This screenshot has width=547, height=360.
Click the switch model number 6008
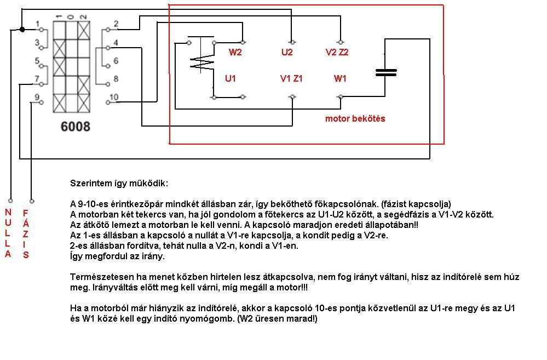point(75,127)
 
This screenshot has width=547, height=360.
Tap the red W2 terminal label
point(235,53)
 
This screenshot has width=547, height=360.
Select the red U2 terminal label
point(287,53)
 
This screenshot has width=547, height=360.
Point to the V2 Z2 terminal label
point(337,53)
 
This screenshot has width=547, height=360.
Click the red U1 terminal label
point(231,79)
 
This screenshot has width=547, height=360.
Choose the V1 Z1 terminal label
point(291,79)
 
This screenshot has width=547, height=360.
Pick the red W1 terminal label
point(340,79)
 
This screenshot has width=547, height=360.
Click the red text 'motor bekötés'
point(355,119)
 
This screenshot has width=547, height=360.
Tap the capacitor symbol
point(385,72)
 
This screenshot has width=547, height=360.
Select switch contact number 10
point(113,98)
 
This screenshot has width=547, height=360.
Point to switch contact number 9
point(37,98)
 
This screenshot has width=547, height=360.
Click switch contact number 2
point(116,24)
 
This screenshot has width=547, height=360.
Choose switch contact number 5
point(37,61)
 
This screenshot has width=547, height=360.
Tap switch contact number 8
point(116,79)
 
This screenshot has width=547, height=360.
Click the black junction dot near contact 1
point(22,29)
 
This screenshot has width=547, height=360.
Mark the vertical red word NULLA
point(8,233)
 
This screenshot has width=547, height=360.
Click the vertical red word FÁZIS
point(26,233)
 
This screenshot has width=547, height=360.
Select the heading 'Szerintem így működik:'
point(119,182)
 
